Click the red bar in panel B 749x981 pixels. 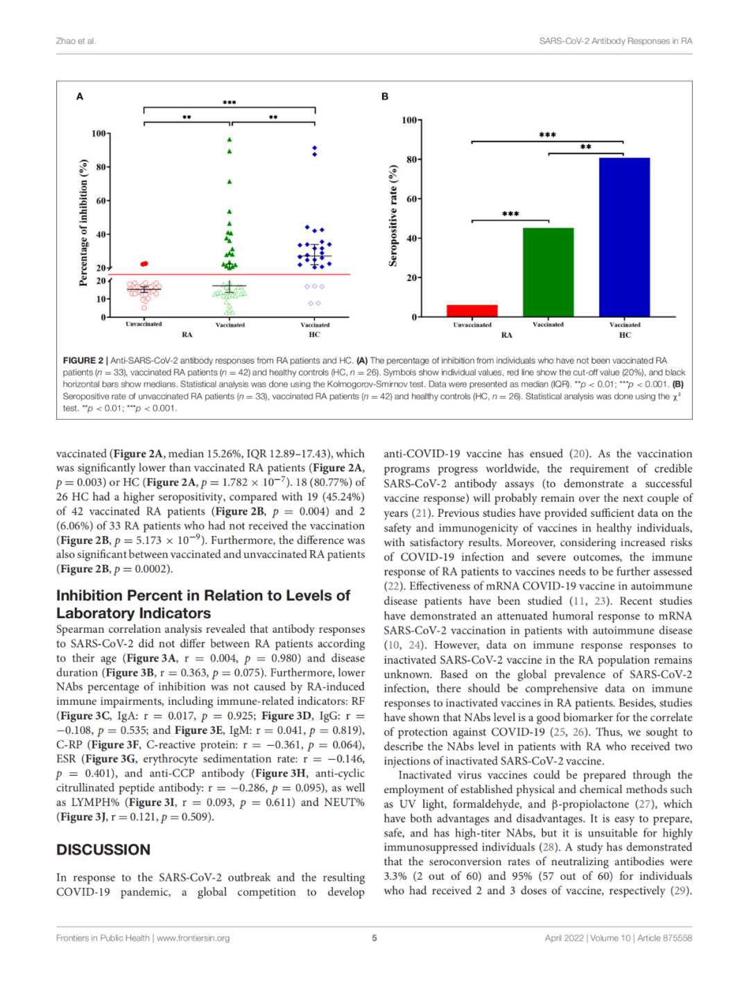[472, 311]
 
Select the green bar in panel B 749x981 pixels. [548, 272]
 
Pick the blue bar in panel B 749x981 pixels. [624, 237]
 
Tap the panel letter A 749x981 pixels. [80, 96]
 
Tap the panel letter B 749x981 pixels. [385, 96]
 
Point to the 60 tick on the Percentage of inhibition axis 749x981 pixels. [101, 201]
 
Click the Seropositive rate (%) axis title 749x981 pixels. [393, 215]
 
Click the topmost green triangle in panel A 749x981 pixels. [230, 140]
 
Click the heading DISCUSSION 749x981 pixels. [103, 850]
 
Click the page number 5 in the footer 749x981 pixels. [374, 938]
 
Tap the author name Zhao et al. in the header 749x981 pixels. [76, 41]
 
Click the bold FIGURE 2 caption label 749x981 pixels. [83, 361]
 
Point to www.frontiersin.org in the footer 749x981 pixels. [193, 938]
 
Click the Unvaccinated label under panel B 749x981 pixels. [472, 325]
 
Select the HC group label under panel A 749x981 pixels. [314, 334]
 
